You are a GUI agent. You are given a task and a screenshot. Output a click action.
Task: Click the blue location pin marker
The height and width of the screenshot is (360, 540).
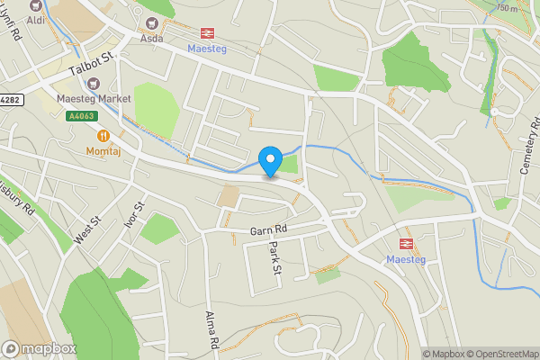(269, 161)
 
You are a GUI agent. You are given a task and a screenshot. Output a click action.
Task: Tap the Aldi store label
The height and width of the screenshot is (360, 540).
(36, 19)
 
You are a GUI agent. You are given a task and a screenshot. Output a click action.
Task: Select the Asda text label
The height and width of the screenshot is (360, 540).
(150, 39)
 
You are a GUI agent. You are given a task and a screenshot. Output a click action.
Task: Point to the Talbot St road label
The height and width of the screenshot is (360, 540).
(93, 63)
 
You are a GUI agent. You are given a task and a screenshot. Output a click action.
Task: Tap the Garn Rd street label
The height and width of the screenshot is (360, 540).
(267, 231)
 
